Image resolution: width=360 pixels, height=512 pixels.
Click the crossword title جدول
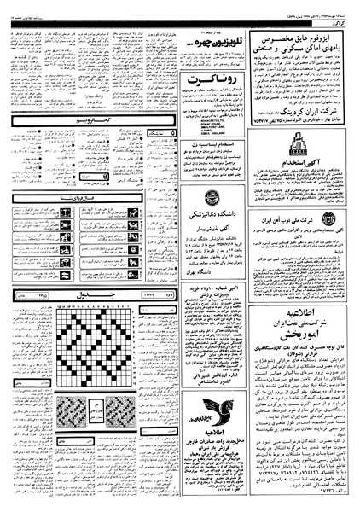128,317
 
